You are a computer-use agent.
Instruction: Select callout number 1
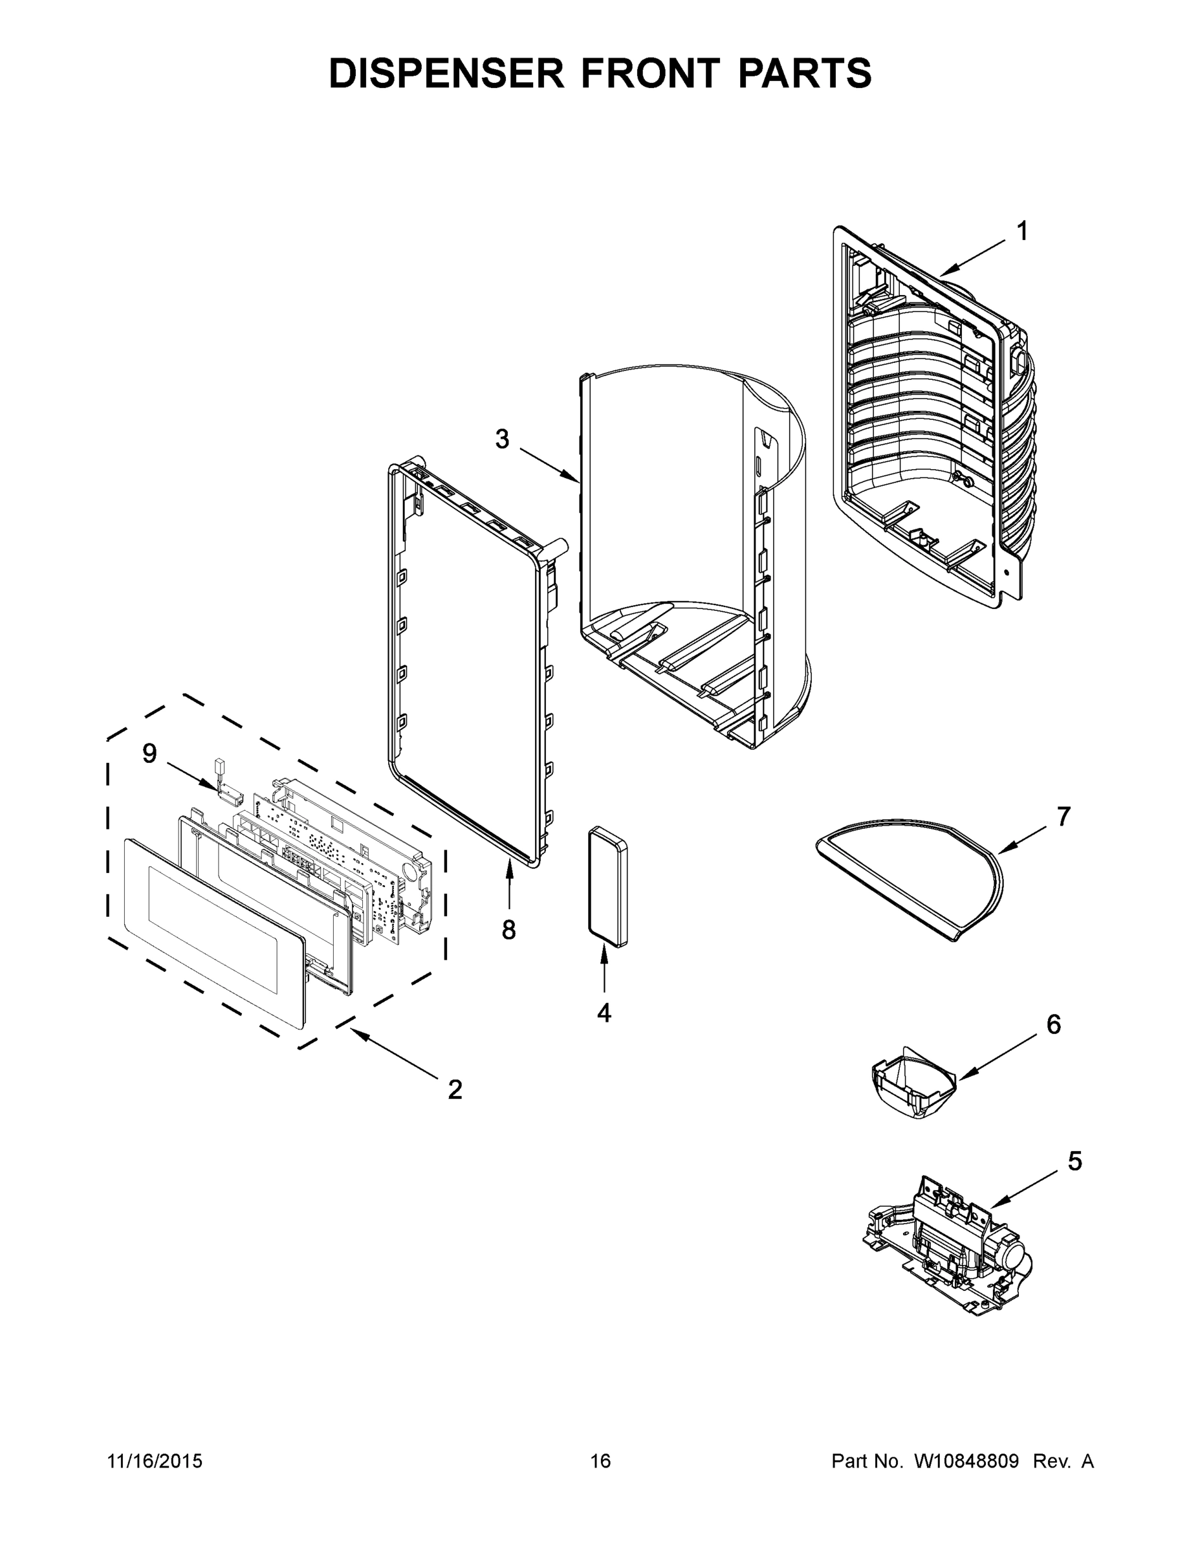click(x=1021, y=232)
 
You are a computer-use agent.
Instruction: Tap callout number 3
click(x=502, y=439)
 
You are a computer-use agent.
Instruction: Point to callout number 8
click(x=509, y=929)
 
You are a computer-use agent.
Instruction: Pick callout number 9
click(x=149, y=754)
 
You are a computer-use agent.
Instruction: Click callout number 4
click(x=604, y=1013)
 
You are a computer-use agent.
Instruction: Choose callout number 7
click(x=1064, y=818)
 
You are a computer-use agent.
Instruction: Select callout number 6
click(x=1053, y=1025)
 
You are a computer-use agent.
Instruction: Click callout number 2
click(x=455, y=1090)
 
